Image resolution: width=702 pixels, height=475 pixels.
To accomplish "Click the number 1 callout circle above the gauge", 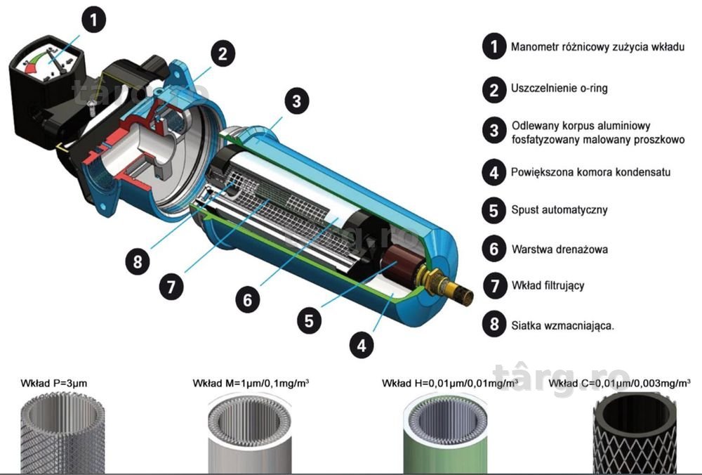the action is point(93,20).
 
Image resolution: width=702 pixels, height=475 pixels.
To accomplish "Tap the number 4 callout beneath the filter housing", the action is point(362,346).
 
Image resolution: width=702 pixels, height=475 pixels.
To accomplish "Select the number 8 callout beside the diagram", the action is point(138,261).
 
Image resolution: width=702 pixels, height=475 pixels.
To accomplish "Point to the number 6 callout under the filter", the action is point(248,300).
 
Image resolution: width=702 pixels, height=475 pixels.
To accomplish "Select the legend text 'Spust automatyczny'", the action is point(559,209).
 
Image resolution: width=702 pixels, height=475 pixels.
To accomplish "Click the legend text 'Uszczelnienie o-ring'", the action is point(559,88).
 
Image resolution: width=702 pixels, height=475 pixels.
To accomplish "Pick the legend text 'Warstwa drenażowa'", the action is point(559,249).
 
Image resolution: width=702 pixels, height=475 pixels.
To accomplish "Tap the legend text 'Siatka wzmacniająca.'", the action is point(563,325).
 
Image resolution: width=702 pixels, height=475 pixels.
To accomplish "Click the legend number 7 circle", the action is point(494,285).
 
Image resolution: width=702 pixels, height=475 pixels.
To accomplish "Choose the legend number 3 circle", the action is point(494,131).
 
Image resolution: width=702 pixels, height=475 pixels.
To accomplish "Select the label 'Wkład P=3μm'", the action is point(54,383).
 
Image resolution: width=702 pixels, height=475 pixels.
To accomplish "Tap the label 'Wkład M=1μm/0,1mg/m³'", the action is point(251,383).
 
